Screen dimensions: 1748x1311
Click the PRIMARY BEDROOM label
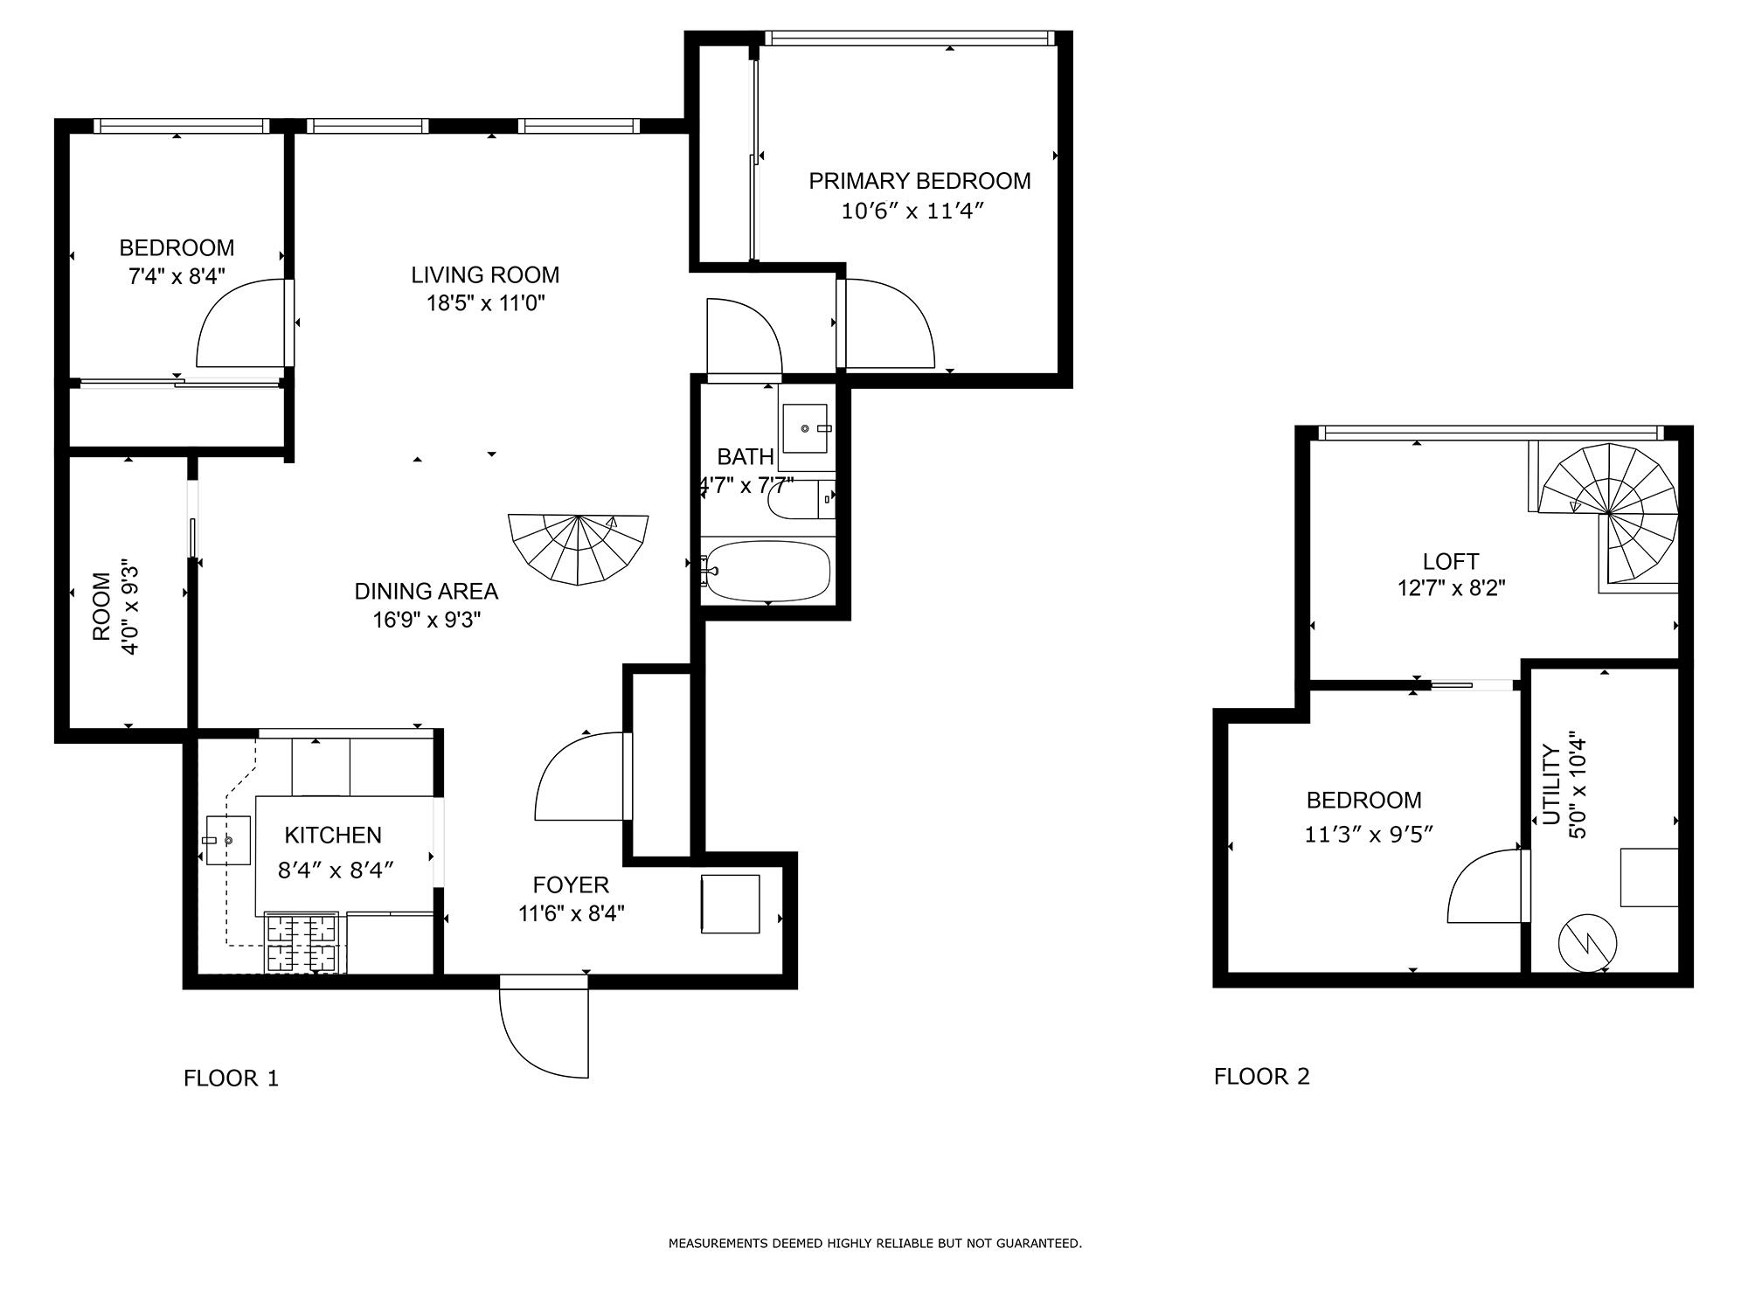coord(919,181)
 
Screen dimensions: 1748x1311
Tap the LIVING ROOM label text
coord(485,274)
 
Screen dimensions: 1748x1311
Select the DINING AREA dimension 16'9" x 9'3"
coord(427,620)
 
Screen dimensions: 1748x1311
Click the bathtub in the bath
coord(767,571)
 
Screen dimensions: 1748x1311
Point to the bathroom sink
coord(805,428)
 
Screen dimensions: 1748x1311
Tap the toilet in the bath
coord(801,499)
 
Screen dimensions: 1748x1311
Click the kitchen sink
coord(227,840)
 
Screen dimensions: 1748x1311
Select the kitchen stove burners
coord(302,942)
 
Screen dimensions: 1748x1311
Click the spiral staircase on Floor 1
coord(579,549)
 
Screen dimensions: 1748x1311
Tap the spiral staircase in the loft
coord(1608,514)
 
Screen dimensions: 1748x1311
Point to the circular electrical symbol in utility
coord(1588,943)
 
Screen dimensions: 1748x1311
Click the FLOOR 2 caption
coord(1262,1076)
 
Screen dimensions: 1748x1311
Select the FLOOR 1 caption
coord(231,1078)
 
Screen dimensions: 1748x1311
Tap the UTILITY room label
coord(1551,784)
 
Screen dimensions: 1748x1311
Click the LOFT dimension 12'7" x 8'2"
coord(1451,588)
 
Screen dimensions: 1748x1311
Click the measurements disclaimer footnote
coord(875,1243)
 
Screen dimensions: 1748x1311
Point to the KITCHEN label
coord(333,835)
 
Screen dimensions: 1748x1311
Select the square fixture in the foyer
coord(730,904)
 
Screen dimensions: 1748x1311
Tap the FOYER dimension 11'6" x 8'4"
coord(571,913)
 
